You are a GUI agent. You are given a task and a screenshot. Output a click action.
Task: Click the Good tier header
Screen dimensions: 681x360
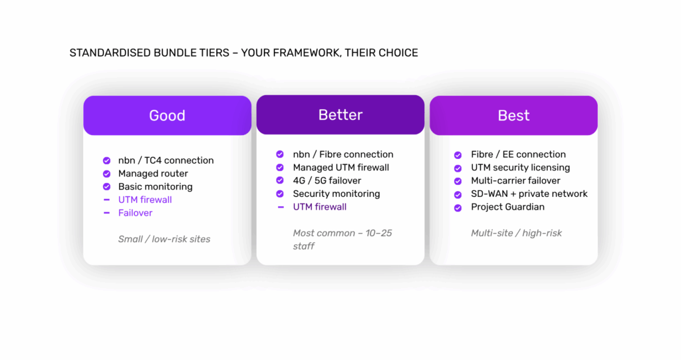167,115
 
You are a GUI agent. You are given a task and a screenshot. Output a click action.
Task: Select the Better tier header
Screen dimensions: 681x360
340,114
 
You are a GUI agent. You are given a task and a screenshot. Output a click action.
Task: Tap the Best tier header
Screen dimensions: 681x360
514,115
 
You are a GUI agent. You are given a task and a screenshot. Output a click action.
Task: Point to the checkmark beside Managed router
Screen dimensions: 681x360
106,174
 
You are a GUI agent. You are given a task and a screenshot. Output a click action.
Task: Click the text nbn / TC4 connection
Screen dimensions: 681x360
166,160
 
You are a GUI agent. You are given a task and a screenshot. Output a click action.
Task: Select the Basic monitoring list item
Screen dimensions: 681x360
156,186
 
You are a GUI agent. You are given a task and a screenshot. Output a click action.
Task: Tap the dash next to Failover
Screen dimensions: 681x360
106,213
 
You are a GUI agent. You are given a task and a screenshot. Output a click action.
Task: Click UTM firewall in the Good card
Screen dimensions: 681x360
145,200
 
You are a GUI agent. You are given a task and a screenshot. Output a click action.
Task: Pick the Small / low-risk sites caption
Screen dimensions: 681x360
164,239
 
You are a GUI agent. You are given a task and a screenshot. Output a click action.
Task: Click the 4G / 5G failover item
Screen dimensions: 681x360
327,180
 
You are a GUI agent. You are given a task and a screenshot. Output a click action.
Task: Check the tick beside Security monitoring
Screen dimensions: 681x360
280,194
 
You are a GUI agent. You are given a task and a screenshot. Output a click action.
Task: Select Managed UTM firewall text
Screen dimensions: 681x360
341,168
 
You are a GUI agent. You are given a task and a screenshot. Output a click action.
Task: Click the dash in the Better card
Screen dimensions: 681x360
281,207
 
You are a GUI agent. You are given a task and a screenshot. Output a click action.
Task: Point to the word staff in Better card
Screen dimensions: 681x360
303,246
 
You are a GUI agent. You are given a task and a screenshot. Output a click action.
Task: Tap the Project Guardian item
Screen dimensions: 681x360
507,207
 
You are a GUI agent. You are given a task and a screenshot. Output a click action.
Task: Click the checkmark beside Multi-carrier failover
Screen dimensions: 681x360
458,181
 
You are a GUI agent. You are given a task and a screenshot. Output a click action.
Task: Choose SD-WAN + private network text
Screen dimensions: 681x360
529,194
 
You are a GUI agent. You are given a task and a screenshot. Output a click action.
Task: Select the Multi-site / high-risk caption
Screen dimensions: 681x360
516,233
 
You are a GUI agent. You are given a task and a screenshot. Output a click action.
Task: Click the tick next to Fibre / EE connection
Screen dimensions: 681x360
458,155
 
